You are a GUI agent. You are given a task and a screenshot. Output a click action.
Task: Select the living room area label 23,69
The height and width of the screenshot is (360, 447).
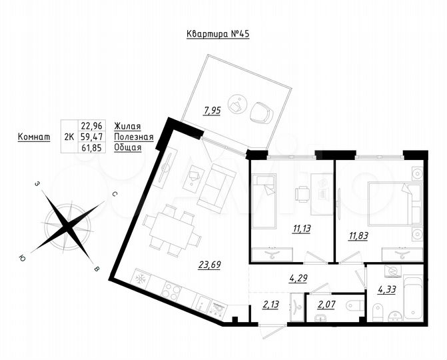click(x=209, y=264)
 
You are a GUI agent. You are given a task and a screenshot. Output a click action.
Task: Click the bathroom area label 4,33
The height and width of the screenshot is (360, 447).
click(x=387, y=290)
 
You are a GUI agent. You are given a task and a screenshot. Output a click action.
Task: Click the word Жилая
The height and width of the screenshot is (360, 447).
click(x=127, y=125)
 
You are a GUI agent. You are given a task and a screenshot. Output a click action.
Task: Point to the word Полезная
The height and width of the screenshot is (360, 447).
click(x=134, y=137)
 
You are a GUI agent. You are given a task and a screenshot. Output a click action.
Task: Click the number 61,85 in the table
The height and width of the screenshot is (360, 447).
click(x=93, y=147)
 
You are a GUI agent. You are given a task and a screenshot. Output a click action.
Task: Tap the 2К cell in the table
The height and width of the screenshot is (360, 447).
click(x=68, y=137)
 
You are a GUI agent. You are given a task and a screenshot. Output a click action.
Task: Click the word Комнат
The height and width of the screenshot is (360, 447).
click(x=33, y=137)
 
